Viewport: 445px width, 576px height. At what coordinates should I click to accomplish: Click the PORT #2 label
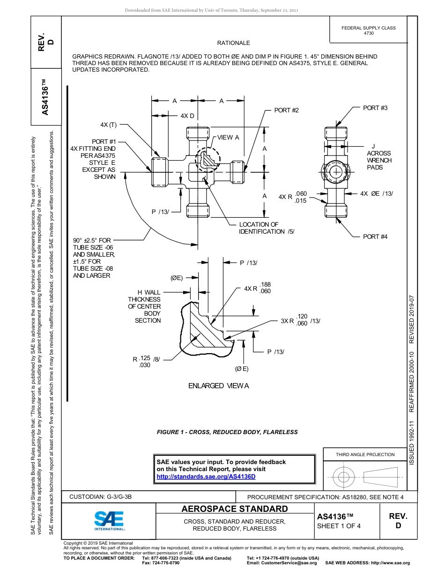point(286,111)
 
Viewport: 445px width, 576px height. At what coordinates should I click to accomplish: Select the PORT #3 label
point(375,108)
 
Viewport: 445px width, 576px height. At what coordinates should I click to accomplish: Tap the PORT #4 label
point(375,237)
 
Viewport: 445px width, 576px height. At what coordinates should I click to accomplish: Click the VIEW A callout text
point(228,138)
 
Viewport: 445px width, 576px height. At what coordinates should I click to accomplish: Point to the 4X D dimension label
point(187,116)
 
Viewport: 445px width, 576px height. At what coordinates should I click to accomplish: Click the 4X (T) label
point(108,125)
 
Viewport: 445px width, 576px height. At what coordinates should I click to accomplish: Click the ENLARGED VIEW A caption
point(218,386)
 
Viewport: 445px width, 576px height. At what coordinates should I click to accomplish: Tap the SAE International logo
point(109,520)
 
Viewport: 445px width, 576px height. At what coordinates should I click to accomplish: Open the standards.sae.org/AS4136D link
point(206,477)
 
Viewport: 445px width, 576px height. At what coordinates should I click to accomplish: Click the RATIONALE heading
point(233,43)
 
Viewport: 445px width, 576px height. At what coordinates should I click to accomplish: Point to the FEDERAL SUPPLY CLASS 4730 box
point(368,30)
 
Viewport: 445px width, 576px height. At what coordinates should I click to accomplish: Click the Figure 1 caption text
point(227,432)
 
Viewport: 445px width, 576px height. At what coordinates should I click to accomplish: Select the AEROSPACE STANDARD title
point(235,509)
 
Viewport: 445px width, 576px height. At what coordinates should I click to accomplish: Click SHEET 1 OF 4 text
point(339,526)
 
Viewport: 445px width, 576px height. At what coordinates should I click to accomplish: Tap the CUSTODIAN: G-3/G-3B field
point(101,497)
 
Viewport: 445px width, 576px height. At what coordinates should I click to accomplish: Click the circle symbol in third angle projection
point(344,477)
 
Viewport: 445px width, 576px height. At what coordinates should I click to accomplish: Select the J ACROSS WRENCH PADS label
point(379,157)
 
